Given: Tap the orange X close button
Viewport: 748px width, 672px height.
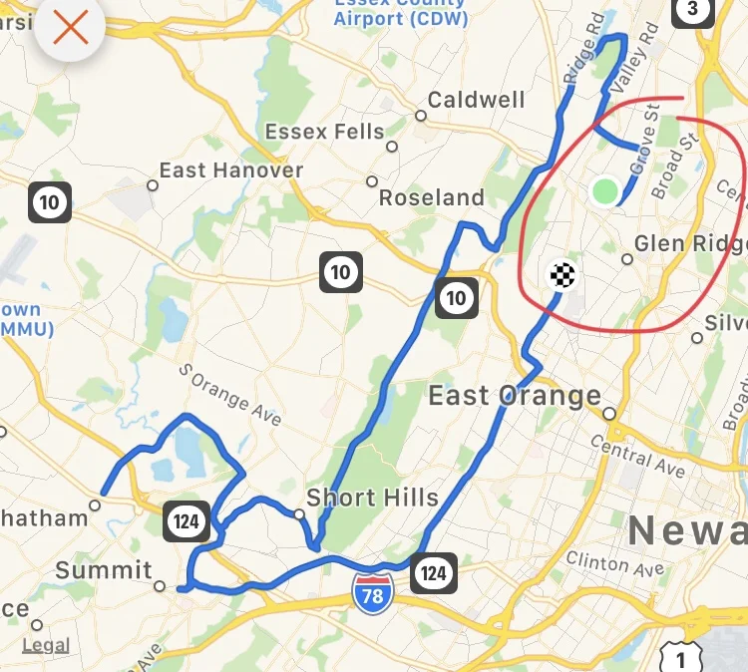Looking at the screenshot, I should [x=70, y=28].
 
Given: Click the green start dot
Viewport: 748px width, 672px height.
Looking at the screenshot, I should [x=604, y=190].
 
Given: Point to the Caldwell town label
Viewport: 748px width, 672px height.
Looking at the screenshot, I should [x=476, y=100].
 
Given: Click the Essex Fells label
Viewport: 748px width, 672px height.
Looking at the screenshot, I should [x=324, y=132].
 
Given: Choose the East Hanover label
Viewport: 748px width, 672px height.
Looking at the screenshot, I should [x=230, y=170].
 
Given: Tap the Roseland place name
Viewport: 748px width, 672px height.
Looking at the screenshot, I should [x=431, y=197].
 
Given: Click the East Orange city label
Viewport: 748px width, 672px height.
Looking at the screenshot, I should [x=515, y=396].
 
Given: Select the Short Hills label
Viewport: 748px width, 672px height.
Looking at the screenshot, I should [x=372, y=497].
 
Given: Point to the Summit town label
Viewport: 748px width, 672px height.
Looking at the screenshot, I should [x=104, y=570].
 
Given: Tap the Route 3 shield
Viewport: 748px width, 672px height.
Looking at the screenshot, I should [x=693, y=10].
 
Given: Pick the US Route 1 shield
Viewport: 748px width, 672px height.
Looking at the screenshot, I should [x=681, y=657].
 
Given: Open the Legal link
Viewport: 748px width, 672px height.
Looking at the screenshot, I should [x=46, y=645].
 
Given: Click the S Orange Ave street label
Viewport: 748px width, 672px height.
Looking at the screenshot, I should [x=230, y=395].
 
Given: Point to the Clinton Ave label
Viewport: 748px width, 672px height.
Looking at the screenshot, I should [x=614, y=564].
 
